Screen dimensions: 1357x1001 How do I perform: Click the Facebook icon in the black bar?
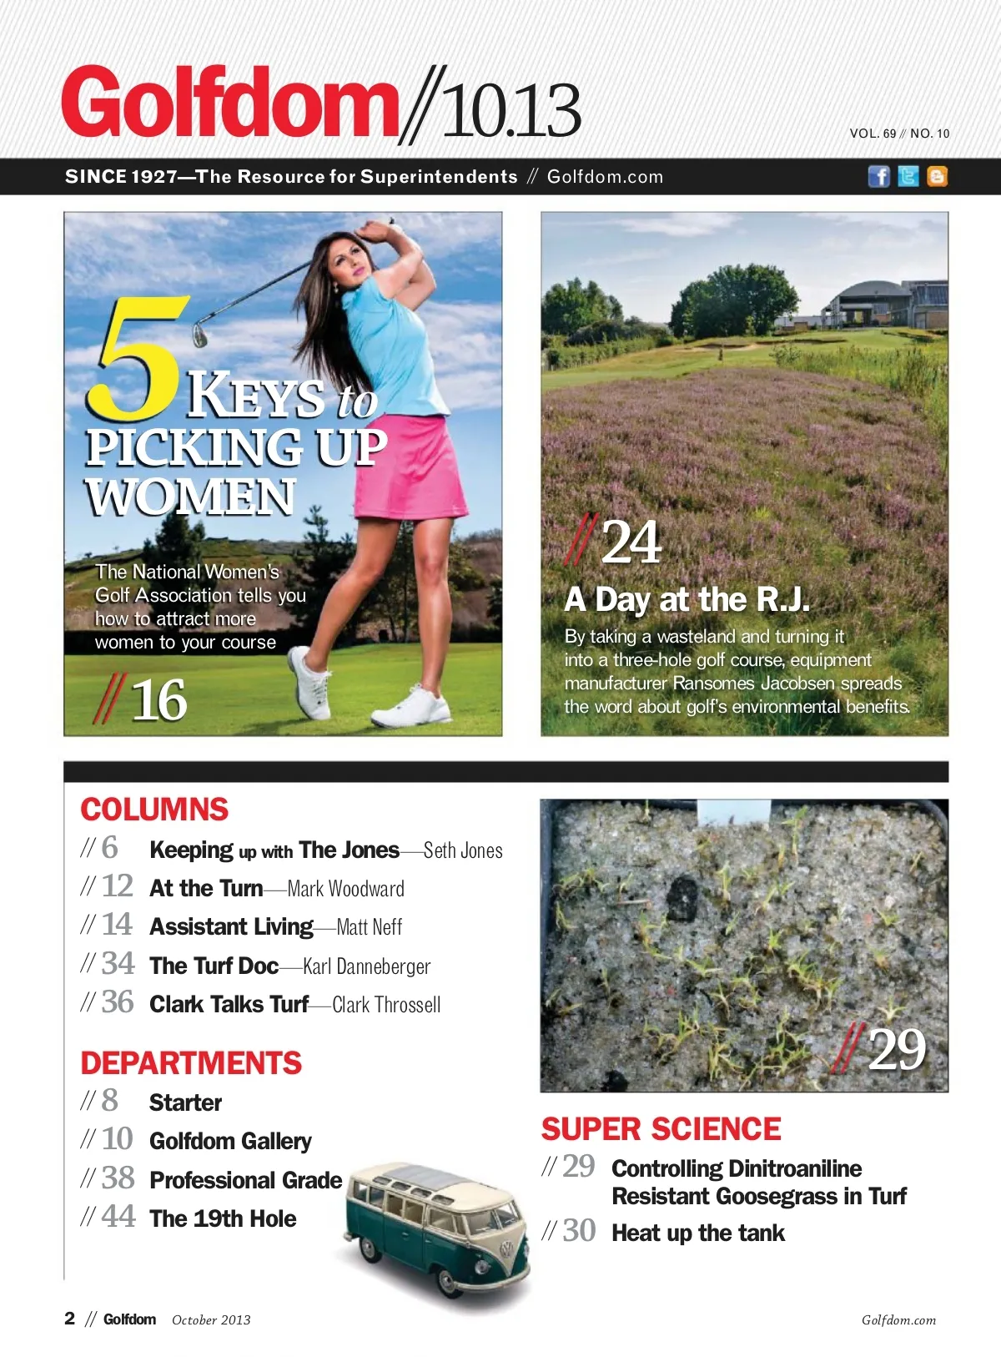point(878,176)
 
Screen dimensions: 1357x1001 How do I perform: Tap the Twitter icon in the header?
point(908,176)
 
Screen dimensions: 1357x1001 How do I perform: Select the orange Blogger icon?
point(937,176)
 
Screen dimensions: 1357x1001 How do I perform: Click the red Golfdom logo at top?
point(229,103)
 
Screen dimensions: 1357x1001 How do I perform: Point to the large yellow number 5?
point(138,359)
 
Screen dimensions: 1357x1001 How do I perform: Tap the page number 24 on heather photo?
point(631,542)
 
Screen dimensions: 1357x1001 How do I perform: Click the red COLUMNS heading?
point(154,810)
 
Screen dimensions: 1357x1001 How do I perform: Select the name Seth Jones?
point(463,850)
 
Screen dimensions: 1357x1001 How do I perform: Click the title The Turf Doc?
point(214,966)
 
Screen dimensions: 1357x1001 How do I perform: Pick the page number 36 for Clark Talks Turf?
point(118,1002)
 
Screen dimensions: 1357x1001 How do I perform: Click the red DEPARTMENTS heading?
point(191,1063)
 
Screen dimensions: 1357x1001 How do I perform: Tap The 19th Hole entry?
point(223,1218)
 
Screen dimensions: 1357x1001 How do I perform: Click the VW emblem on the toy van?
point(505,1249)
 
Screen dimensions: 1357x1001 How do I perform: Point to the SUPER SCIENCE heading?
point(661,1129)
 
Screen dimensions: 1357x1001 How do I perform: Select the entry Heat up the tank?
point(698,1233)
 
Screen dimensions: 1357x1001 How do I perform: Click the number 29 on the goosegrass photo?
point(897,1049)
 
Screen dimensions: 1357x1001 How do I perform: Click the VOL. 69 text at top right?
point(873,134)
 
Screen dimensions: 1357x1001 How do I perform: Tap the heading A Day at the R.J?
point(687,599)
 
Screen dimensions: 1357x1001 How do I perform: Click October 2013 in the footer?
point(211,1319)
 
